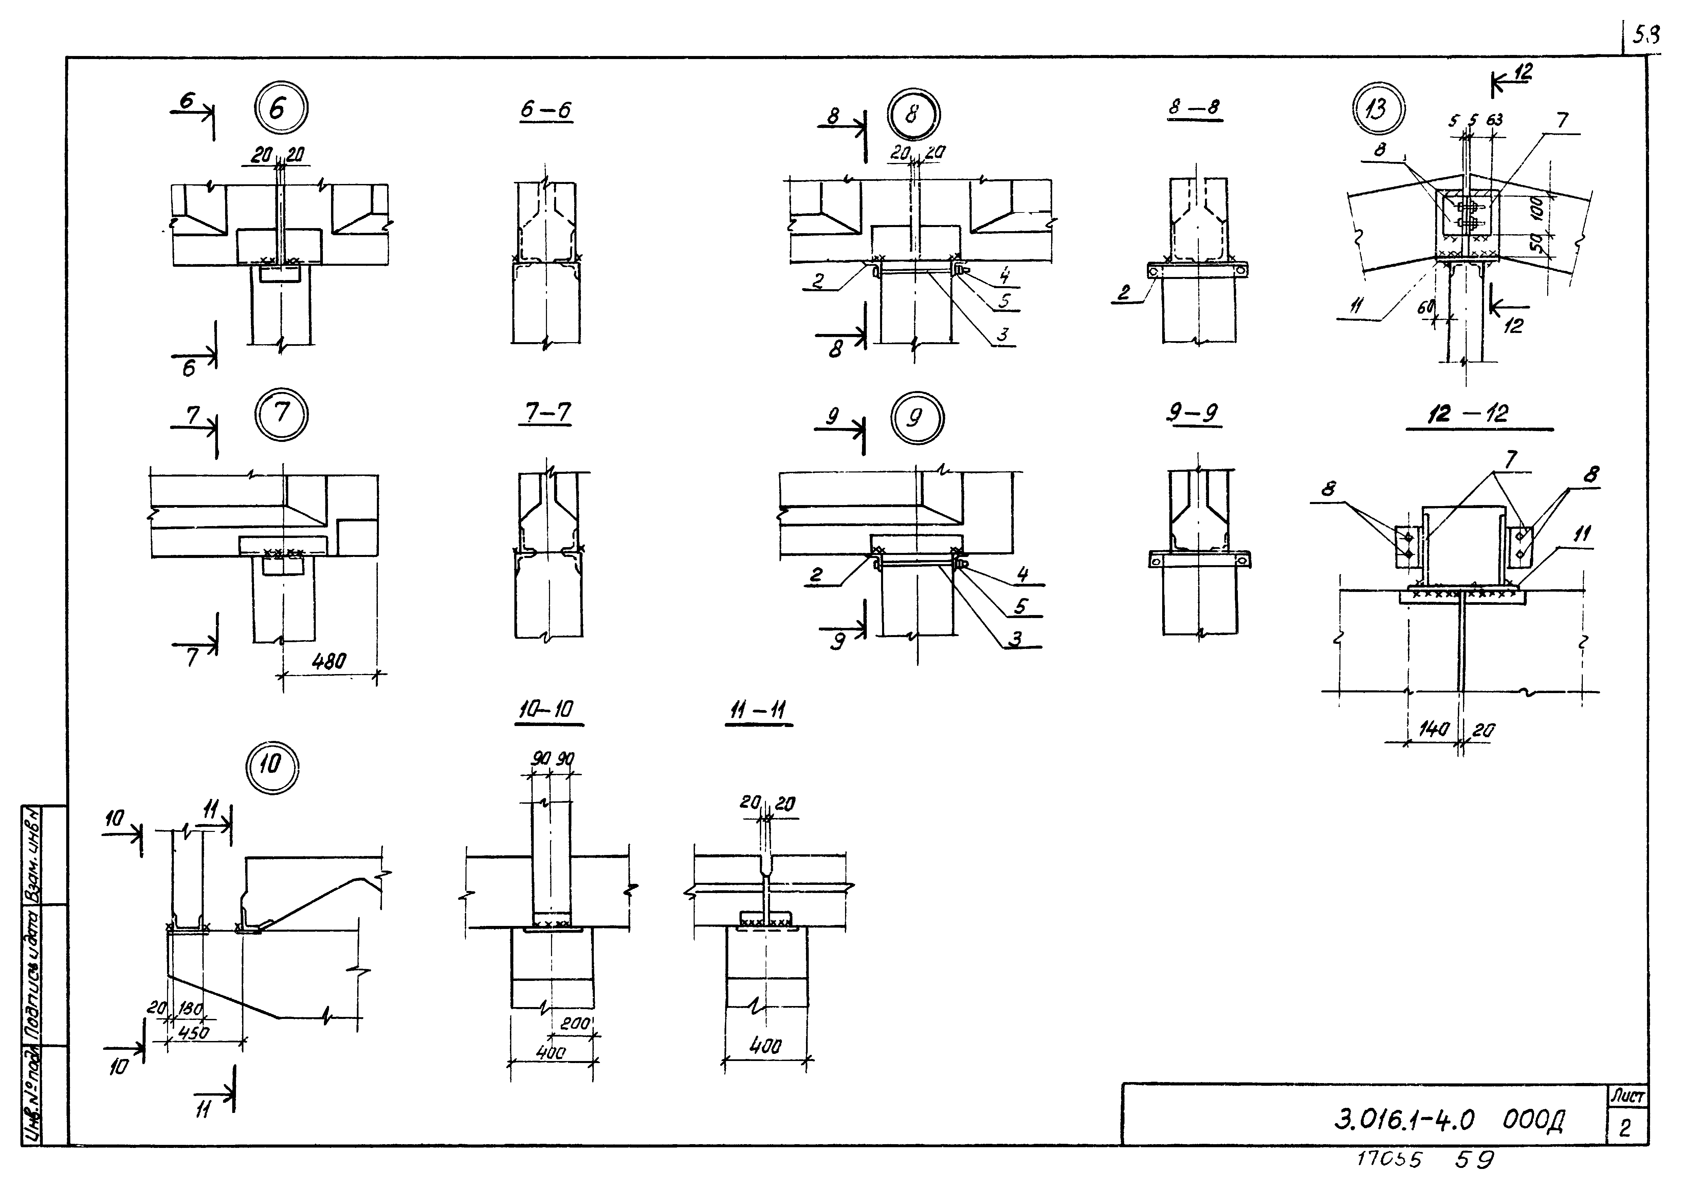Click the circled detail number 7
[x=282, y=414]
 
